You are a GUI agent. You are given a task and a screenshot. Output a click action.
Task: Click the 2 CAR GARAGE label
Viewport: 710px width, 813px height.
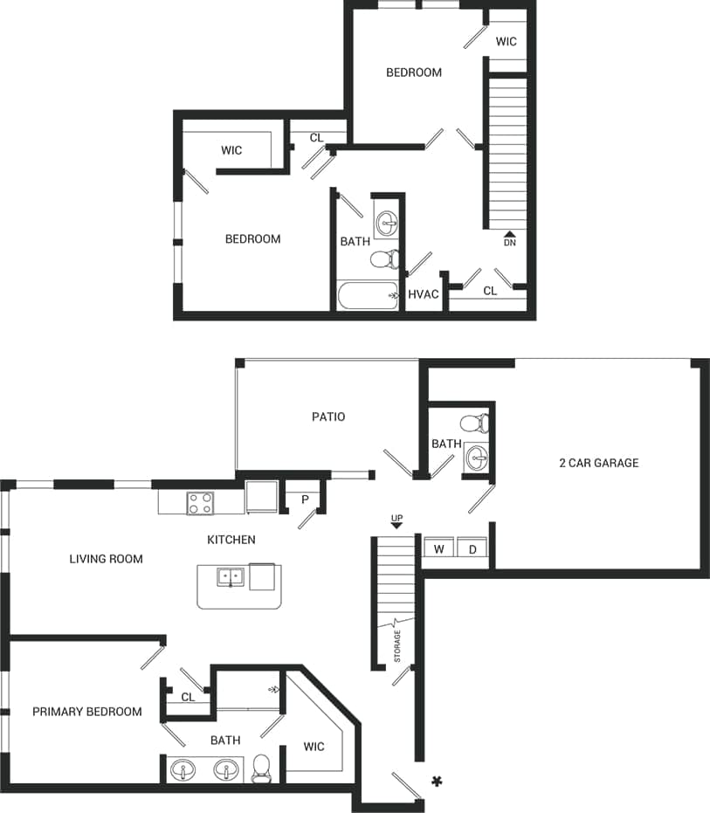(x=598, y=463)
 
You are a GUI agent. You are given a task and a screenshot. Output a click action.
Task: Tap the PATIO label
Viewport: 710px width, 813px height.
(x=328, y=417)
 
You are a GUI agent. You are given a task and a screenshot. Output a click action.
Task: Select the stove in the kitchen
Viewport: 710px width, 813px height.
(x=200, y=503)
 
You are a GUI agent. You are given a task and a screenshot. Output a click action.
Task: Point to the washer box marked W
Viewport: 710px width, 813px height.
(x=438, y=549)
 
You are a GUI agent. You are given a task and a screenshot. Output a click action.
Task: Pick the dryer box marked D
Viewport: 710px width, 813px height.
(x=472, y=549)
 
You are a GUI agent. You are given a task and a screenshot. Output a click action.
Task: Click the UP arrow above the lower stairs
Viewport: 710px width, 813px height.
(x=396, y=521)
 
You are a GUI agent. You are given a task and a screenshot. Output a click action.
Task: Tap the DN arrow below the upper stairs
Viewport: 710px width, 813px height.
(x=510, y=238)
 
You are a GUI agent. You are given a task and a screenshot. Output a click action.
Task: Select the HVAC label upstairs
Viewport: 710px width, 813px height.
(x=424, y=294)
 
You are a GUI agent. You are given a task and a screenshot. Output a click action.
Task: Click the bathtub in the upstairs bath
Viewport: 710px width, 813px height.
(x=368, y=296)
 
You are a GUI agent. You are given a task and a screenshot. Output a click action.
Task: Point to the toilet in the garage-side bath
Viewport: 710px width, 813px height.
(x=473, y=424)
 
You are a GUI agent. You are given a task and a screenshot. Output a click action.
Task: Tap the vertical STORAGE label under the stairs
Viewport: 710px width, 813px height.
(x=397, y=645)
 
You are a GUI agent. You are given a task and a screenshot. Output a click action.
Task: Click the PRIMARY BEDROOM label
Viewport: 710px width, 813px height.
(x=86, y=712)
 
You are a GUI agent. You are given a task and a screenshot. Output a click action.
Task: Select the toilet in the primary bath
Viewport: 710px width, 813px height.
(x=261, y=768)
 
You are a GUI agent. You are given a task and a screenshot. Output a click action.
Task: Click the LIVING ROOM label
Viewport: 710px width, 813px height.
(x=106, y=559)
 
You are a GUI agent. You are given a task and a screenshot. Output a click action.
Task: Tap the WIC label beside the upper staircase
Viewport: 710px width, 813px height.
(x=506, y=41)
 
